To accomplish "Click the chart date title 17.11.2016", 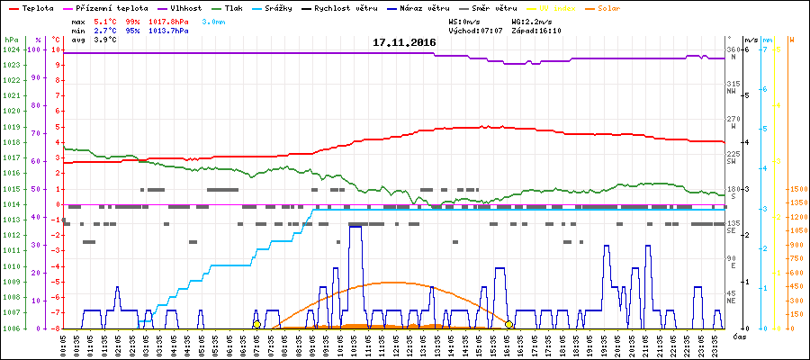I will click(x=405, y=42).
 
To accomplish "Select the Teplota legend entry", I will click(x=39, y=8).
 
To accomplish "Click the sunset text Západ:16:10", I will click(x=536, y=31).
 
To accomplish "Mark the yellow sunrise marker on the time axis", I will click(x=257, y=324).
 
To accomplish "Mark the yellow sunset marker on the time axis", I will click(x=508, y=324).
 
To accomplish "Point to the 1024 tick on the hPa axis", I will click(x=11, y=49).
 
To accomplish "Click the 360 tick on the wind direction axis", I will click(x=733, y=49).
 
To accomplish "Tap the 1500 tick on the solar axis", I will click(x=798, y=190).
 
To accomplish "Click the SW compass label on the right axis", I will click(x=733, y=161).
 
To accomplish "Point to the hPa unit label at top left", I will click(x=10, y=40).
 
